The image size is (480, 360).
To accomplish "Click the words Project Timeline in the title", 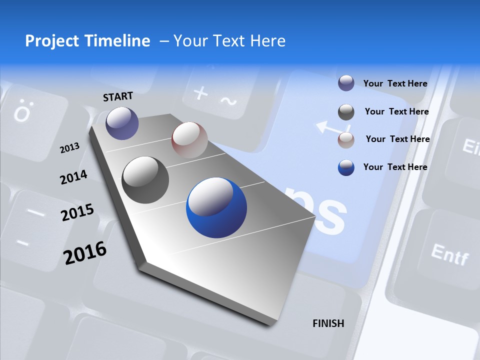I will [87, 41].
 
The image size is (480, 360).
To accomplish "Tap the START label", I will [118, 96].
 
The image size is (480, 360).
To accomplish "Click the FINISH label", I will [328, 323].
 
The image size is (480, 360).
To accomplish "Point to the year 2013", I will [69, 148].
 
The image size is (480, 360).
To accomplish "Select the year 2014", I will [73, 177].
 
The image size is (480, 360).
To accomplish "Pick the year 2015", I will [77, 212].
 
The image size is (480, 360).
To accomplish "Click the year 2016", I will [85, 252].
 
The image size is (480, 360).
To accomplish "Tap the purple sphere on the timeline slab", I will [122, 123].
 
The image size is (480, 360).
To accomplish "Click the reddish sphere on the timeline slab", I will [189, 139].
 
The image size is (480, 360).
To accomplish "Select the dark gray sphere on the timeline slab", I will [145, 180].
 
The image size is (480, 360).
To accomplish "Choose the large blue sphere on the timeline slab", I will [216, 207].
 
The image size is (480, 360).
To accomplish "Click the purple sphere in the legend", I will [346, 83].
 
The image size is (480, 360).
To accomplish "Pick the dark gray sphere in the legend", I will [346, 112].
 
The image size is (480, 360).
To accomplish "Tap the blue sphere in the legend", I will [346, 167].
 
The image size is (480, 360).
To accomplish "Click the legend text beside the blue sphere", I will [395, 167].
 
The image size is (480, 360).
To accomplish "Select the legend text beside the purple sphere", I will [395, 83].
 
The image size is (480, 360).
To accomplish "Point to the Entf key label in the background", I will [449, 254].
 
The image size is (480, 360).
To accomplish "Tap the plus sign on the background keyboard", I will [200, 93].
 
